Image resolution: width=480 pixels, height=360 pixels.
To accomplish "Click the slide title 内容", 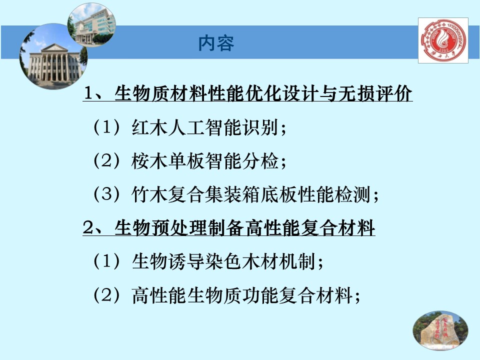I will (216, 43).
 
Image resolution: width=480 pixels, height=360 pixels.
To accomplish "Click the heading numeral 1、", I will (93, 93).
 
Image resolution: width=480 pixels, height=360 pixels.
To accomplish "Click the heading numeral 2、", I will (93, 229).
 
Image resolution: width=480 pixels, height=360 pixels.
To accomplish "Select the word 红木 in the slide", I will (149, 127).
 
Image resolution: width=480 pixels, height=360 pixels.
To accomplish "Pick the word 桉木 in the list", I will (149, 161).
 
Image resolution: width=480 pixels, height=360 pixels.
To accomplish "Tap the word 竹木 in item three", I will (149, 195).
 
